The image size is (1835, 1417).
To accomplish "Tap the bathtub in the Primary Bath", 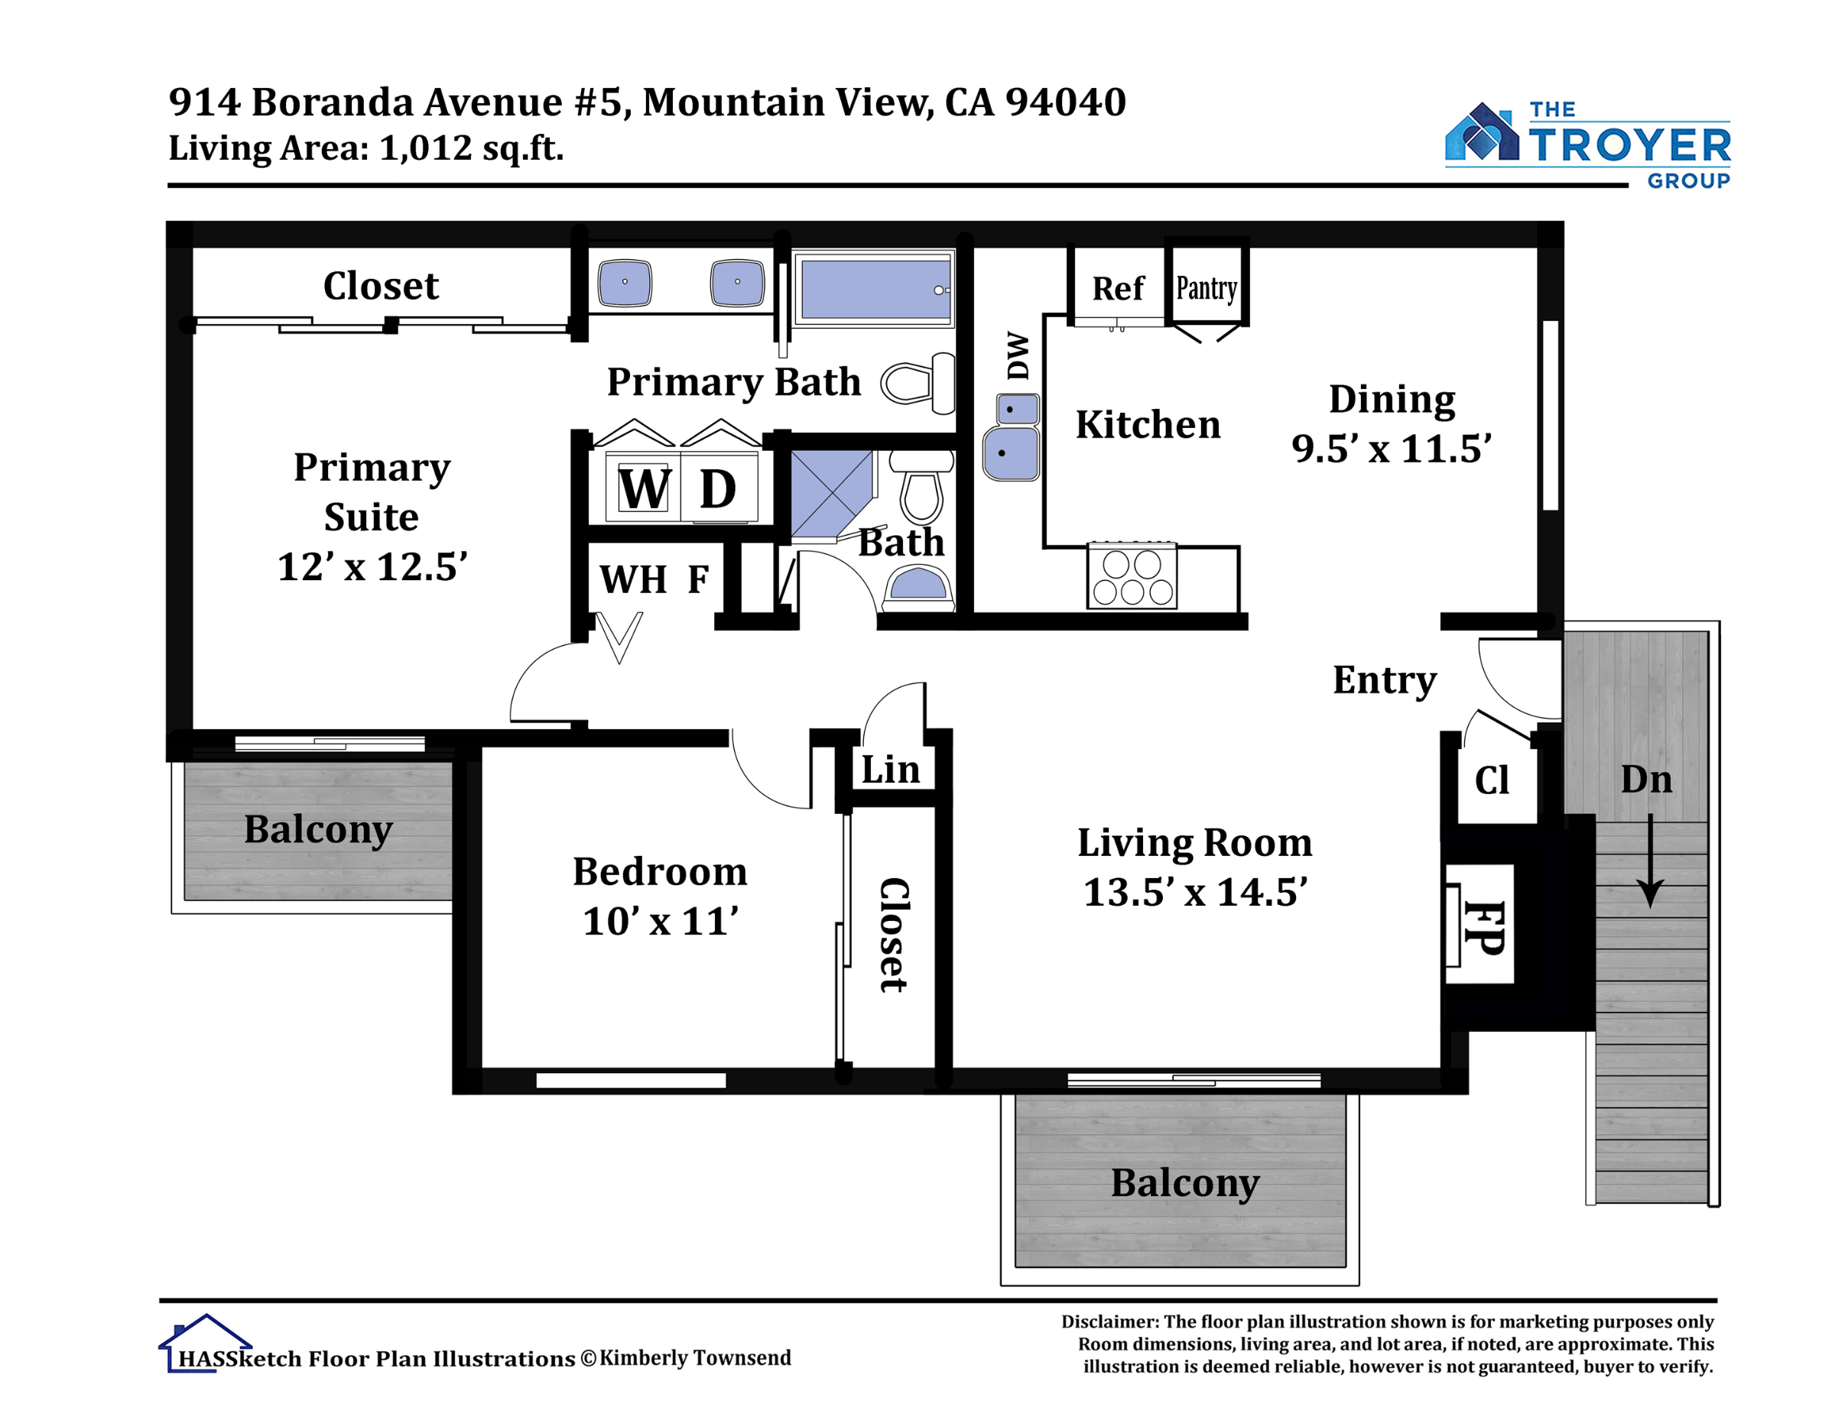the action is pos(874,288).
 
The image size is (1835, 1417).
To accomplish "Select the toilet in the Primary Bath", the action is pos(918,383).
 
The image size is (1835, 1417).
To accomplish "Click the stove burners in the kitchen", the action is pos(1132,576).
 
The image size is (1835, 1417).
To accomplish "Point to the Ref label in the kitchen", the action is pos(1119,288).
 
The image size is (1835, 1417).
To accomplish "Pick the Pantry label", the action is pos(1207,288).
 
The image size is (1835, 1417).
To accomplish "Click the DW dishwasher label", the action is pos(1018,355).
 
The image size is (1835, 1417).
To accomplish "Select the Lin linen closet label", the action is pos(891,770).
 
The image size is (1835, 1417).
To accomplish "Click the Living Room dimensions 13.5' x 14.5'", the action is pos(1196,892).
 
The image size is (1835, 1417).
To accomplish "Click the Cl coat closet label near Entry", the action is pos(1492,780).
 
